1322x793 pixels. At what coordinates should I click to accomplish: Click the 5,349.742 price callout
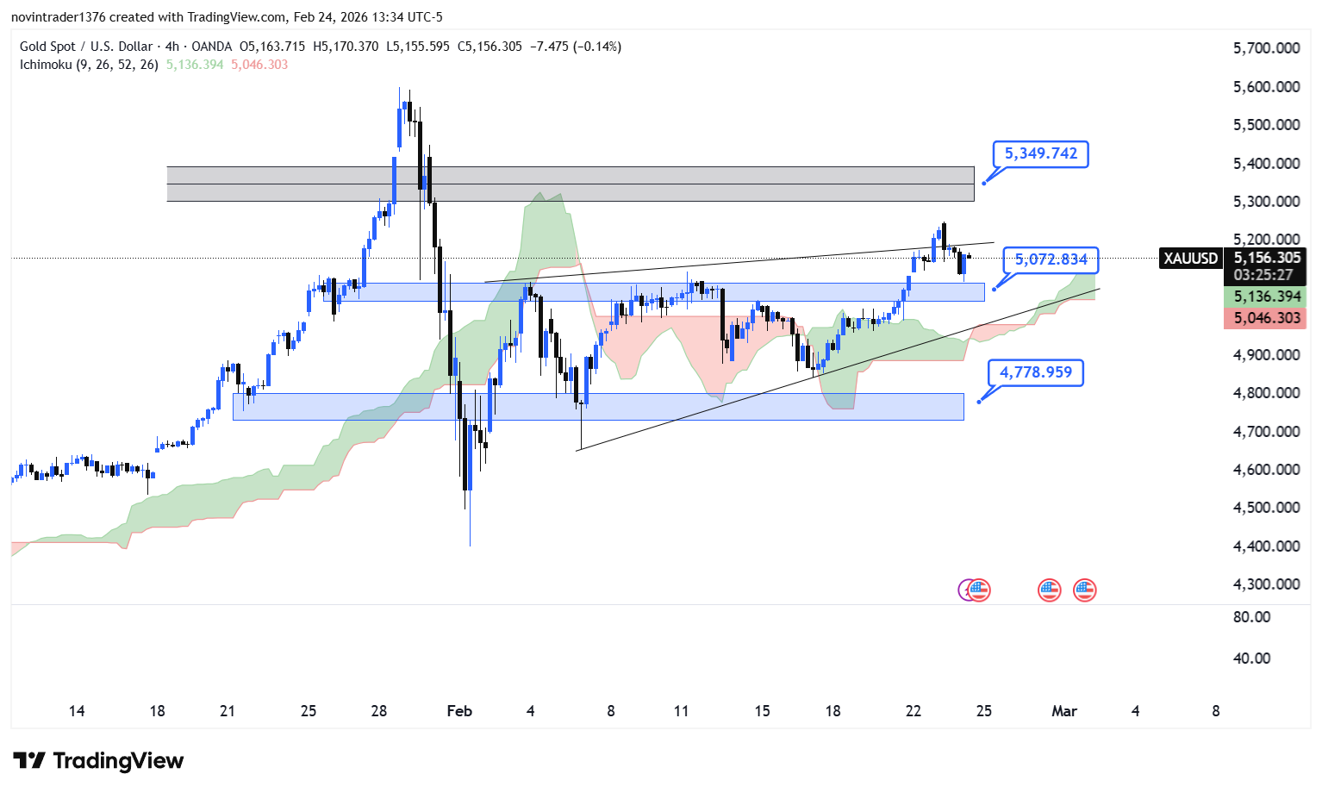[1040, 154]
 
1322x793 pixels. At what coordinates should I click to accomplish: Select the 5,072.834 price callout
[1051, 259]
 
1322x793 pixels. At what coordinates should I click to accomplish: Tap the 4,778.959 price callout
[1035, 372]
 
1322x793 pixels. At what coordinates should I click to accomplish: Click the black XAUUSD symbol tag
[1190, 259]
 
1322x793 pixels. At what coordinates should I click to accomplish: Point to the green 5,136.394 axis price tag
[1266, 297]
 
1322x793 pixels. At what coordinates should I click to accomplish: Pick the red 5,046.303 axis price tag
[1266, 318]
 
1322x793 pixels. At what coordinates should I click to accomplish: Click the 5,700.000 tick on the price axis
[1266, 48]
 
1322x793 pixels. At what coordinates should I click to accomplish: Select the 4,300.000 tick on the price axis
[1266, 584]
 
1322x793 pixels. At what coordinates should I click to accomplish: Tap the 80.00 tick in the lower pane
[1251, 617]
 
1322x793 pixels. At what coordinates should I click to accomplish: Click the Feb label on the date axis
[459, 711]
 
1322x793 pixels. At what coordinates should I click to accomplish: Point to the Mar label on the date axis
[1064, 711]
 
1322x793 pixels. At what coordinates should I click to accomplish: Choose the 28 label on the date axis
[379, 711]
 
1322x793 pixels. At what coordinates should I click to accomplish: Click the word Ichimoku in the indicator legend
[46, 65]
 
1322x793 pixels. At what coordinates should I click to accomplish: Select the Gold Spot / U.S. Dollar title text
[86, 47]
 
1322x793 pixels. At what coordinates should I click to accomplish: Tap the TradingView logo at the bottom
[99, 760]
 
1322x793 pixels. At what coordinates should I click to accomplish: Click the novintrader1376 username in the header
[58, 17]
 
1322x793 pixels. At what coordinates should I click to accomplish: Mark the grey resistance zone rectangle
[570, 184]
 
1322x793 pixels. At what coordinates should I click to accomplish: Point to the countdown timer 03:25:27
[1263, 275]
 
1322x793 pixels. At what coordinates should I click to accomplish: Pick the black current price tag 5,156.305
[1266, 258]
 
